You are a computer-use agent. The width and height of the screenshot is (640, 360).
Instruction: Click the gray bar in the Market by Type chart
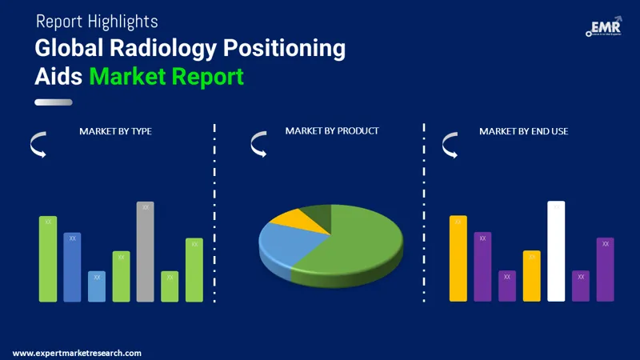(x=145, y=252)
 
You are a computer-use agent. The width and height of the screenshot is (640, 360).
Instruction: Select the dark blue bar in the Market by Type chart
(x=73, y=267)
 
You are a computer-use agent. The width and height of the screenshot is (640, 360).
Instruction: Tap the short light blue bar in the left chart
(x=97, y=286)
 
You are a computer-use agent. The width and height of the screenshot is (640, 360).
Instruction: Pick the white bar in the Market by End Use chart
(x=556, y=251)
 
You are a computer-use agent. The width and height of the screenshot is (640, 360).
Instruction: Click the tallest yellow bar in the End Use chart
(x=458, y=258)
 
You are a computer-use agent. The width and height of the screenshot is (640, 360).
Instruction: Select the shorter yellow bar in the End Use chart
(x=532, y=276)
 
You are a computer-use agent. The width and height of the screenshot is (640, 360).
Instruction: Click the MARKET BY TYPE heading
(x=115, y=131)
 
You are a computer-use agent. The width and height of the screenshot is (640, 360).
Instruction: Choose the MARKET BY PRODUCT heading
(x=332, y=130)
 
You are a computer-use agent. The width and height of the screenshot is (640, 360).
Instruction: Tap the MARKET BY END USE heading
(x=523, y=131)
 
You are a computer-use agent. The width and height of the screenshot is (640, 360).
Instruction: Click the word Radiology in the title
(x=147, y=50)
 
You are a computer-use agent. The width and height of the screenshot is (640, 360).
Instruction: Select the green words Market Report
(x=166, y=78)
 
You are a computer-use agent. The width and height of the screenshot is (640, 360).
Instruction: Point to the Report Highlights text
(x=96, y=22)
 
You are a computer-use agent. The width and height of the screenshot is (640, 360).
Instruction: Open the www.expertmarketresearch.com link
(x=78, y=353)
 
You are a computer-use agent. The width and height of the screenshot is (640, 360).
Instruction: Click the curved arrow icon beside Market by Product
(x=258, y=144)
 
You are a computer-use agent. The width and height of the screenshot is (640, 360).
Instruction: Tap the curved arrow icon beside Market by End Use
(x=450, y=144)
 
